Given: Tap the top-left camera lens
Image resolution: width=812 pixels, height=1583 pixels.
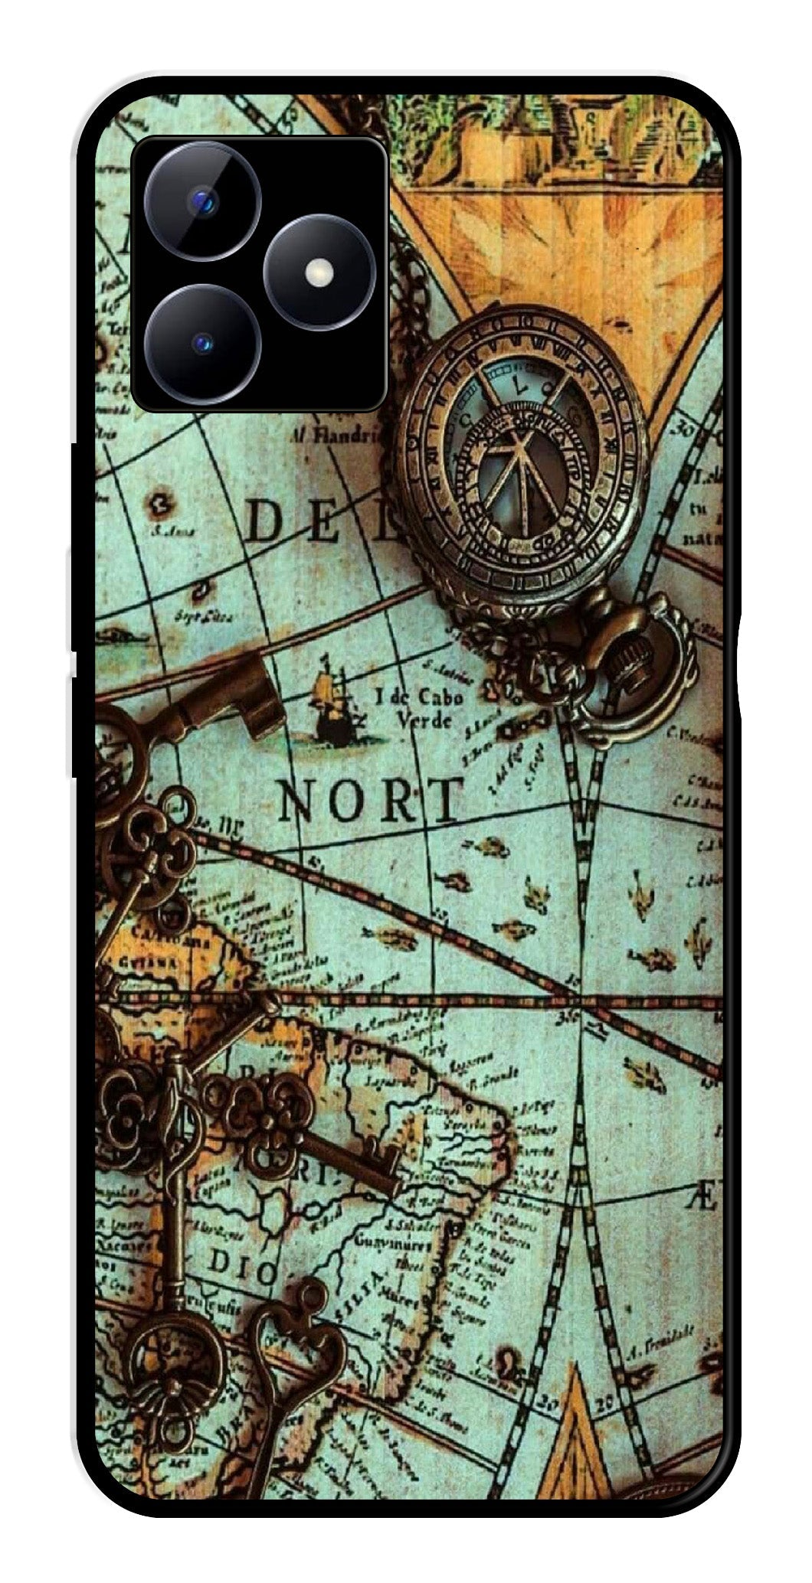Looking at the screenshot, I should click(x=203, y=201).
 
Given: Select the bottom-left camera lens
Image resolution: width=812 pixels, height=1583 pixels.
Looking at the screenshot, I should click(x=203, y=343).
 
